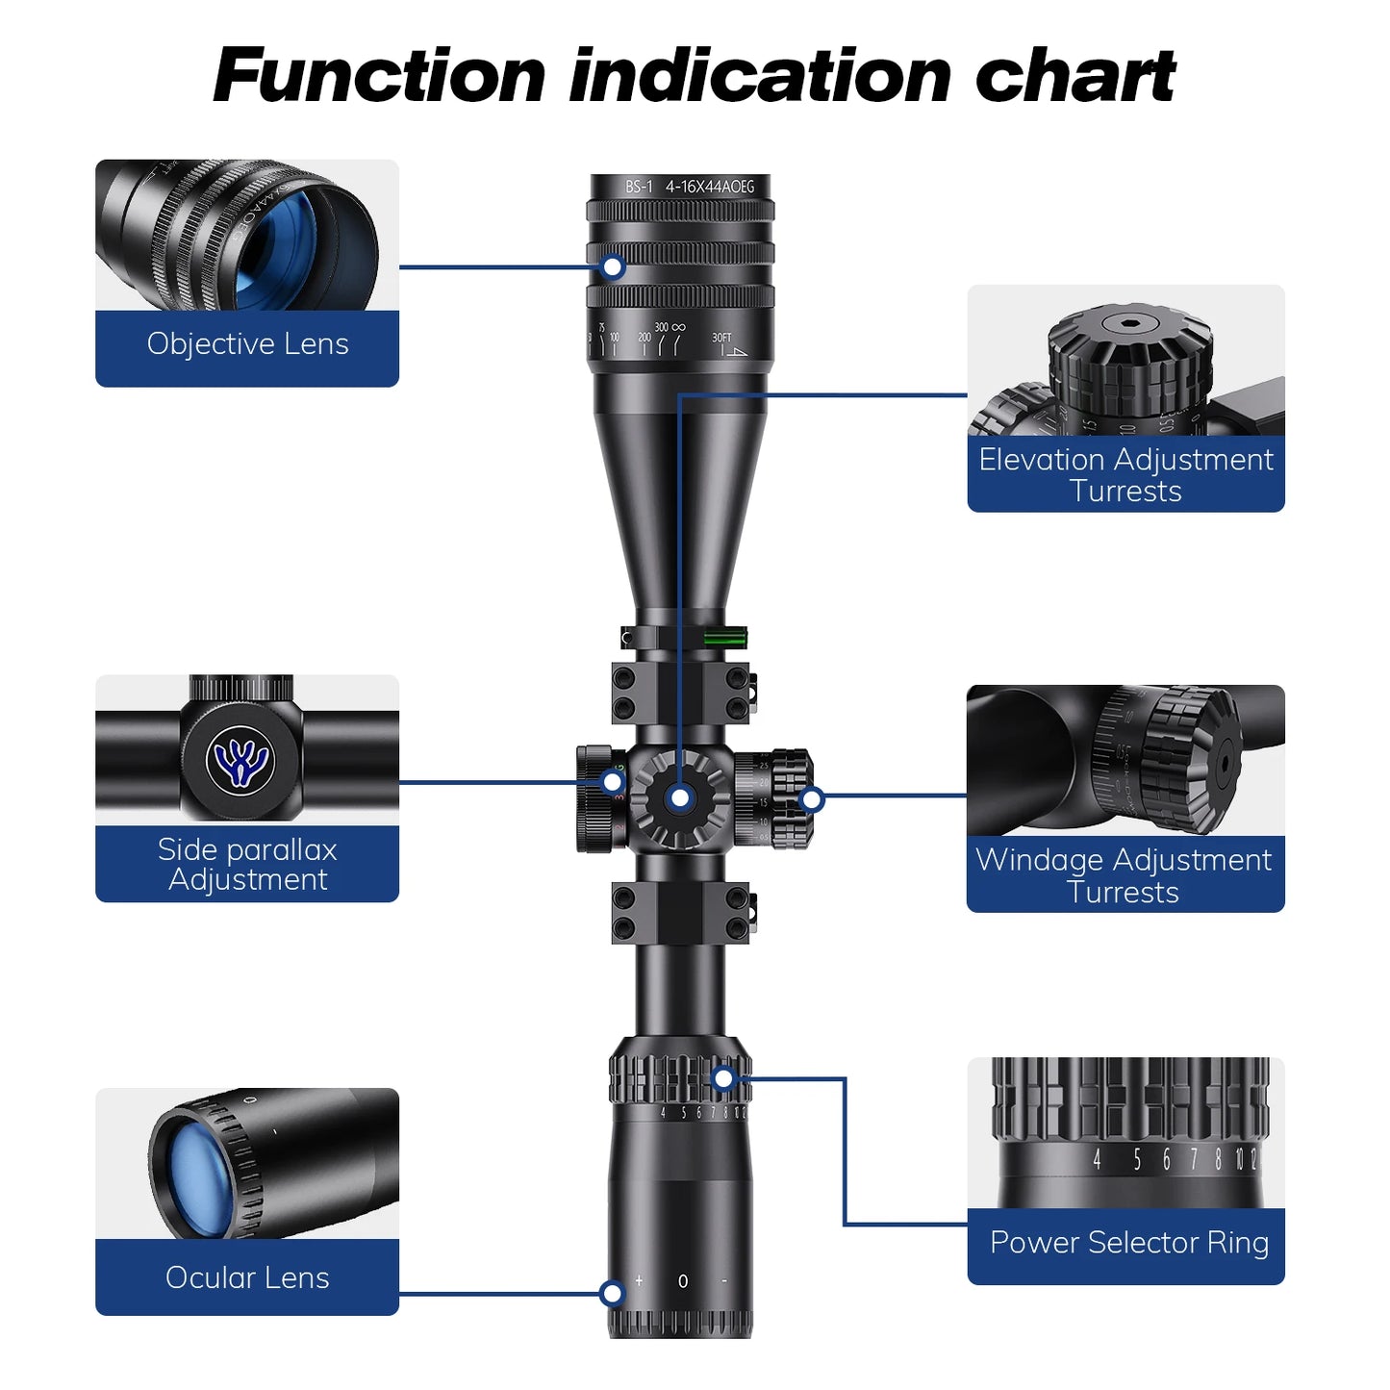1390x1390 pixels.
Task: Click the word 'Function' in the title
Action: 379,76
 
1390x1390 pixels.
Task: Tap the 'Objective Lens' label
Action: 247,344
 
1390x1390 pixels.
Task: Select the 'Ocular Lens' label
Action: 247,1277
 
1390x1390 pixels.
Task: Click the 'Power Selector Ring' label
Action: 1128,1243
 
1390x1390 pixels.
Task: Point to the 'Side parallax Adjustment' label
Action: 247,864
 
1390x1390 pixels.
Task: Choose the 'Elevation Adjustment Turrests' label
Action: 1125,475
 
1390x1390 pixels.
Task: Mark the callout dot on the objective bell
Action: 613,267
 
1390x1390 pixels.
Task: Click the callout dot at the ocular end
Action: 612,1294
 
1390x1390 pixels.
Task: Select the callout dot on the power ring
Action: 723,1079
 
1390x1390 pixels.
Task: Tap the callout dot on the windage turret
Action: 812,799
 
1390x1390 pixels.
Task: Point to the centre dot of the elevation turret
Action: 680,798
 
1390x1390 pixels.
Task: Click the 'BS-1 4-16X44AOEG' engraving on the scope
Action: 690,187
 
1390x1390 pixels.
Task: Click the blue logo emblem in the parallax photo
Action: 240,761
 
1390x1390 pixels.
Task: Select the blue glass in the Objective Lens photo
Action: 279,248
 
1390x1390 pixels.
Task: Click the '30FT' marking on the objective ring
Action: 721,338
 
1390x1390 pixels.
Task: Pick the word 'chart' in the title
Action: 1074,76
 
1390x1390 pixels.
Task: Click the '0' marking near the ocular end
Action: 683,1281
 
